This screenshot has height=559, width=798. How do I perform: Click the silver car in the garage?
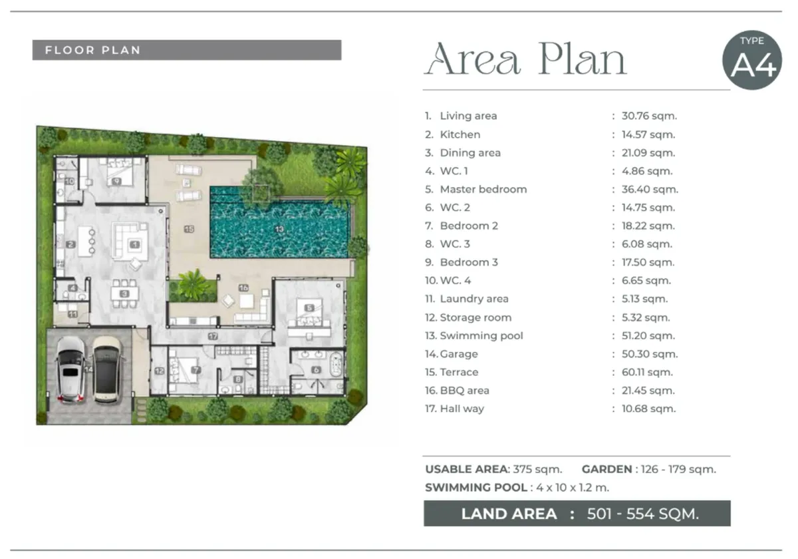[71, 369]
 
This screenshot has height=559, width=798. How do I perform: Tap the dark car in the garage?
[108, 370]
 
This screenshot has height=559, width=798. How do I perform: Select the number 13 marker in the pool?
[280, 229]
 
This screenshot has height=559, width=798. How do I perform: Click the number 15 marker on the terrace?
[189, 229]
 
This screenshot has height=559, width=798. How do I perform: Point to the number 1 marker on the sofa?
[134, 245]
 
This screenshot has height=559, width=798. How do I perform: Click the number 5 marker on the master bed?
[309, 307]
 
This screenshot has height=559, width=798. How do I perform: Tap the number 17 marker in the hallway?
[213, 336]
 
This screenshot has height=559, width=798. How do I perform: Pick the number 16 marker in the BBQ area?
[243, 287]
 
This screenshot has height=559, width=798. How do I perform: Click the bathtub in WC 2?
[336, 364]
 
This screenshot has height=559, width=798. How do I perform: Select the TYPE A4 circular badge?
[752, 60]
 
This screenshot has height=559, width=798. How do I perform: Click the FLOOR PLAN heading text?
[92, 51]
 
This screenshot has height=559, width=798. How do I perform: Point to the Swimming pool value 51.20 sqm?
[648, 336]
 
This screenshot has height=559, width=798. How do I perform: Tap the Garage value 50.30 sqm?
[650, 354]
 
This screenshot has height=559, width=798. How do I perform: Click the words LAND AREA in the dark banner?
[509, 514]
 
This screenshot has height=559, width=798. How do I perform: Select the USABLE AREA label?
[467, 469]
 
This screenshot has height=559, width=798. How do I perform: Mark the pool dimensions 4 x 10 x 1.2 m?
[573, 487]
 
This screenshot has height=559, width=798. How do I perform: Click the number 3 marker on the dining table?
[124, 293]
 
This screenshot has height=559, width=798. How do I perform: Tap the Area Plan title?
[525, 59]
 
